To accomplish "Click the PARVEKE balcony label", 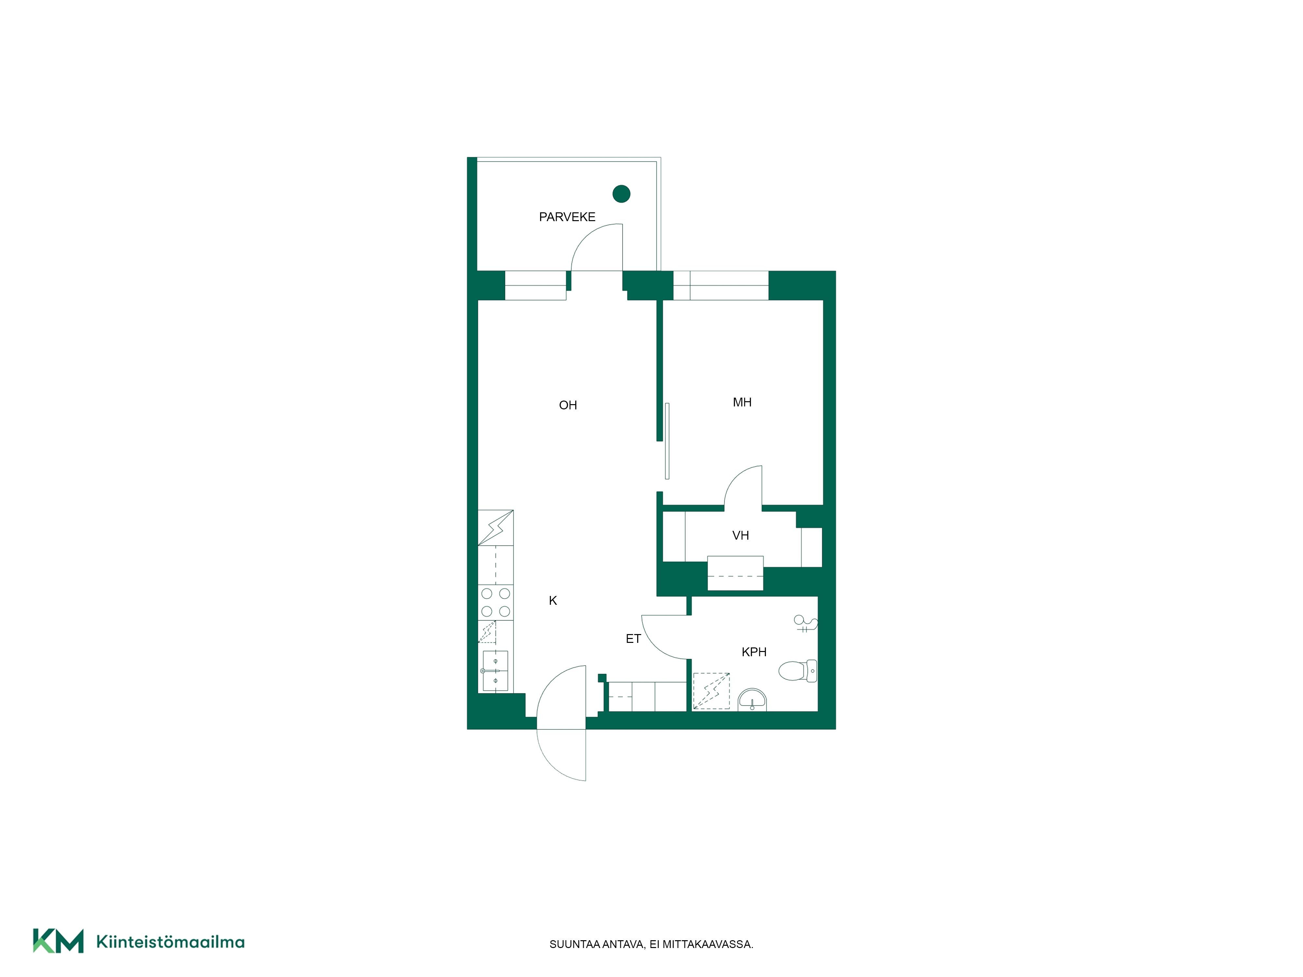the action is pyautogui.click(x=567, y=217).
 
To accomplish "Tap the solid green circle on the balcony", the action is pyautogui.click(x=622, y=194).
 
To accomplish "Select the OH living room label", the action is pyautogui.click(x=568, y=405).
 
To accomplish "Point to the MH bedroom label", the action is pyautogui.click(x=742, y=402).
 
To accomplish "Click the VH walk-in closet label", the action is pyautogui.click(x=740, y=535).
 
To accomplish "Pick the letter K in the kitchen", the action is pyautogui.click(x=552, y=601).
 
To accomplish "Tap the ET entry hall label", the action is pyautogui.click(x=633, y=639).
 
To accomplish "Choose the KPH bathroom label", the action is pyautogui.click(x=754, y=652).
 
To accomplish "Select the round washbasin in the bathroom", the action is pyautogui.click(x=752, y=700).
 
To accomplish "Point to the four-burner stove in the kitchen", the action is pyautogui.click(x=495, y=602).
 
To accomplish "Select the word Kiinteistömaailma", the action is pyautogui.click(x=170, y=942).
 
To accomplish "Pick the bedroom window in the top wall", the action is pyautogui.click(x=721, y=286).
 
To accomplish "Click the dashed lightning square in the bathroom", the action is pyautogui.click(x=711, y=691).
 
